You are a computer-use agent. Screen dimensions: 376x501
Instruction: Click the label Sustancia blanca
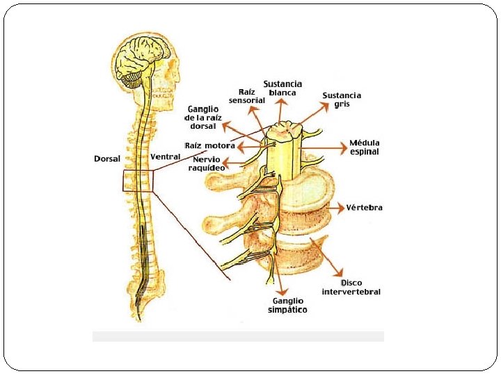click(283, 88)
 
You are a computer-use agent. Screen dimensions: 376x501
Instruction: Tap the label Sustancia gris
click(342, 100)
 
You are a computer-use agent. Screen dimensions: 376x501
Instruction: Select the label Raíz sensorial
click(247, 95)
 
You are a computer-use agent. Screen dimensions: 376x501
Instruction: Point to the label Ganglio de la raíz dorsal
click(202, 117)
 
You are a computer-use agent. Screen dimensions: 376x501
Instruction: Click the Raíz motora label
click(210, 146)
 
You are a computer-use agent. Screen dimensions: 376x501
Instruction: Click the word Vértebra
click(365, 207)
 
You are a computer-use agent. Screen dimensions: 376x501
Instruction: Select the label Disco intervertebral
click(351, 287)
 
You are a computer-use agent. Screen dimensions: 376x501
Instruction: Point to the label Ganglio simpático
click(287, 306)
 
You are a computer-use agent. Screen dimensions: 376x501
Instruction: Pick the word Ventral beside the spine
click(166, 157)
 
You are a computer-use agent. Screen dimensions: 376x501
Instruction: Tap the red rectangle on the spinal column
click(138, 181)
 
